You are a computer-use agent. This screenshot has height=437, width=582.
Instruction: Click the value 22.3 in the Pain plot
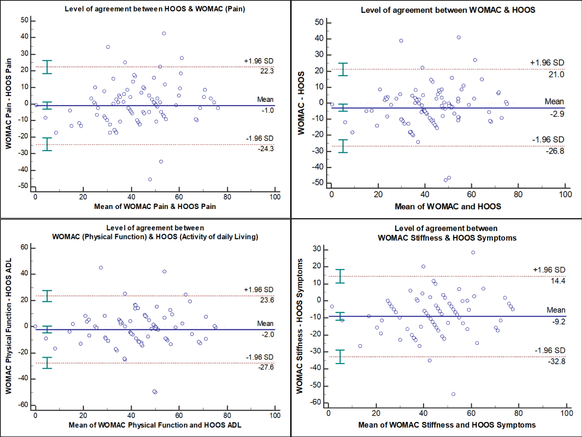(x=267, y=71)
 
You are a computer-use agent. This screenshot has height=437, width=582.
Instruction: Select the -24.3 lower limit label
(x=266, y=149)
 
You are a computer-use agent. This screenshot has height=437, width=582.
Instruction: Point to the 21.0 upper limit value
(x=556, y=74)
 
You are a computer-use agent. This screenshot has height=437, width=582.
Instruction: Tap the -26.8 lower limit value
(x=555, y=151)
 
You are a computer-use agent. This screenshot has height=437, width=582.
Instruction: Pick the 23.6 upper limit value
(x=267, y=300)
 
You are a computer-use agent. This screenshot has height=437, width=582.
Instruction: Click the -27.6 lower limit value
(x=266, y=367)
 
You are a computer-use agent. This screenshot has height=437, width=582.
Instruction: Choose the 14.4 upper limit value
(x=558, y=281)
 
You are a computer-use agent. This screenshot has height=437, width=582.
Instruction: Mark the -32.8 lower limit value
(x=556, y=361)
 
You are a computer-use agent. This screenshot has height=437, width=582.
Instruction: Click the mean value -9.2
(x=559, y=321)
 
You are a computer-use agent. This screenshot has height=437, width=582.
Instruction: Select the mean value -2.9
(x=557, y=114)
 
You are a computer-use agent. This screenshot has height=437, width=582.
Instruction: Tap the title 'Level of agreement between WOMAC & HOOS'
(x=448, y=10)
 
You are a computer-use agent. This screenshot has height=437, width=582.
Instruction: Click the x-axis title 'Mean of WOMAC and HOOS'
(x=448, y=207)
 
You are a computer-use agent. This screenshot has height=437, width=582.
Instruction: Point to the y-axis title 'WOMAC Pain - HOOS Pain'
(x=9, y=104)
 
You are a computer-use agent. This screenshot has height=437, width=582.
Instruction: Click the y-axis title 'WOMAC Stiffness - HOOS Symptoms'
(x=300, y=326)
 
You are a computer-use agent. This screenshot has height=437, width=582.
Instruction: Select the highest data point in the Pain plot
(x=164, y=33)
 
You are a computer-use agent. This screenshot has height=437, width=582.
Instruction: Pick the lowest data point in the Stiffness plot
(x=453, y=394)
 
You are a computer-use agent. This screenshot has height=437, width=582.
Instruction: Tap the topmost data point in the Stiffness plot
(x=473, y=252)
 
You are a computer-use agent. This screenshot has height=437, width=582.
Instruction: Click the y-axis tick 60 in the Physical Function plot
(x=24, y=247)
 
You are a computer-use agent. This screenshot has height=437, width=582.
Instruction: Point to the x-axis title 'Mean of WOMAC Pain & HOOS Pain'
(x=155, y=207)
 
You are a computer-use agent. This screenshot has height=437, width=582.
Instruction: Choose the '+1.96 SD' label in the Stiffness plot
(x=549, y=270)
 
